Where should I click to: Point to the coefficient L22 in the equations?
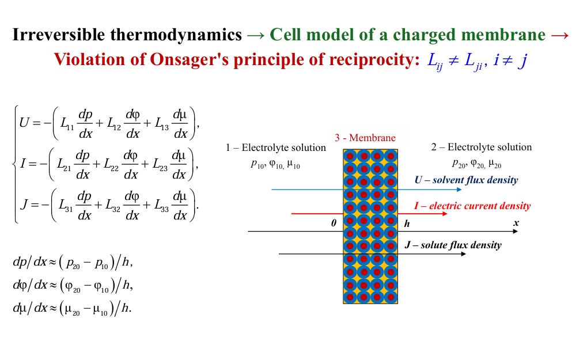click(x=117, y=166)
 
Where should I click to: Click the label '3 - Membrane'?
click(x=365, y=138)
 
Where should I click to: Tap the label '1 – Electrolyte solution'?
click(x=276, y=148)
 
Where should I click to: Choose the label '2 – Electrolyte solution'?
click(x=482, y=147)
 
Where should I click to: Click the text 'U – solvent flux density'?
click(x=466, y=180)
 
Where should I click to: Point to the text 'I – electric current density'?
click(x=472, y=206)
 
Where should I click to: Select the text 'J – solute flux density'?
click(x=453, y=245)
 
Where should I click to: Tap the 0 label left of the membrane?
click(x=334, y=223)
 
